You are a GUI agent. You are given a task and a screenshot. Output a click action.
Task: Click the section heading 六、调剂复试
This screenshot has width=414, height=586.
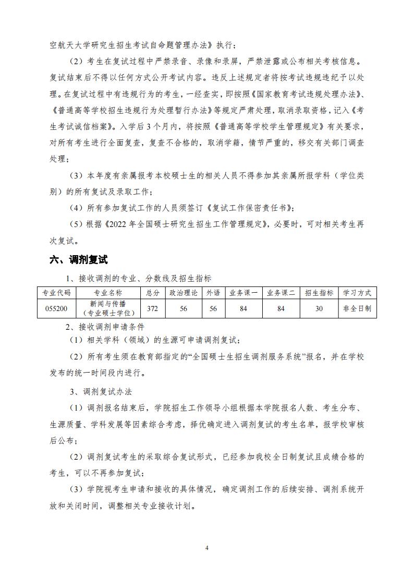pyautogui.click(x=78, y=259)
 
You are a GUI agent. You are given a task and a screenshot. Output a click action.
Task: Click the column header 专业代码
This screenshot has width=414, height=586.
pyautogui.click(x=57, y=293)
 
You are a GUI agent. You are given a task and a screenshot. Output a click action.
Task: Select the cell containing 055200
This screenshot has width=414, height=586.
pyautogui.click(x=56, y=308)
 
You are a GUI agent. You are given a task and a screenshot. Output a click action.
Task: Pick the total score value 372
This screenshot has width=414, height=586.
pyautogui.click(x=152, y=308)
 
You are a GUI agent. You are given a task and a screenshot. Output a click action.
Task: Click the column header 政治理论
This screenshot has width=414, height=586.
pyautogui.click(x=183, y=293)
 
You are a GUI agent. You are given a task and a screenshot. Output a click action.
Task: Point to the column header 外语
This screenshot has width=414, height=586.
pyautogui.click(x=213, y=293)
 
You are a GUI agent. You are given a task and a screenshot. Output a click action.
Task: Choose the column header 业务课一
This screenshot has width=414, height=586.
pyautogui.click(x=243, y=293)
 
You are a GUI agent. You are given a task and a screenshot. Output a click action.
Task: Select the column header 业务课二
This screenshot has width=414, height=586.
pyautogui.click(x=281, y=293)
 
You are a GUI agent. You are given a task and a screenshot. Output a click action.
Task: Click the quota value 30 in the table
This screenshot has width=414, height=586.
pyautogui.click(x=319, y=308)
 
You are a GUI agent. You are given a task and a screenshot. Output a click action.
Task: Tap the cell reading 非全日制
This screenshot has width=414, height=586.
pyautogui.click(x=357, y=308)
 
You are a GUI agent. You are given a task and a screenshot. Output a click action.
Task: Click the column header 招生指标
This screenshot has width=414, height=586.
pyautogui.click(x=319, y=293)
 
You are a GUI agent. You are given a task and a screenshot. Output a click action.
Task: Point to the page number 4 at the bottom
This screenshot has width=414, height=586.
pyautogui.click(x=207, y=548)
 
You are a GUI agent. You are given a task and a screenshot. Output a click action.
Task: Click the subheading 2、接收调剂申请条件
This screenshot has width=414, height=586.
pyautogui.click(x=104, y=327)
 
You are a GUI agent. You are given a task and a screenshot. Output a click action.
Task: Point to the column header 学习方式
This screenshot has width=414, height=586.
pyautogui.click(x=357, y=293)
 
